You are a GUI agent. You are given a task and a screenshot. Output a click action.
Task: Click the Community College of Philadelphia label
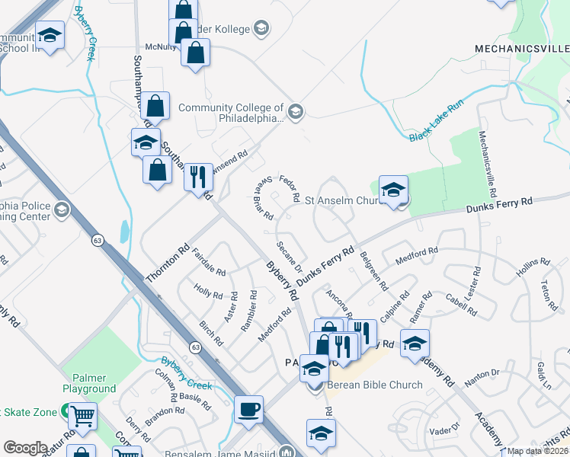(x=230, y=113)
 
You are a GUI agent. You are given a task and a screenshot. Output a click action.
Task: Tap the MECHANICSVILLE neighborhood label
(x=522, y=48)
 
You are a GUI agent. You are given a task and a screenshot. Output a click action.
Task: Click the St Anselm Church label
(x=347, y=201)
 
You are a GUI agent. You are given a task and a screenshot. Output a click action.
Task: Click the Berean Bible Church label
(x=374, y=385)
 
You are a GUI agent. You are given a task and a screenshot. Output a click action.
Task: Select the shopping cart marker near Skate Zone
(x=83, y=416)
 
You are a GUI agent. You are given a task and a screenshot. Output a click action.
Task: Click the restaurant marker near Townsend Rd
(x=198, y=177)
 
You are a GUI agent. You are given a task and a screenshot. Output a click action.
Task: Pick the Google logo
(x=26, y=447)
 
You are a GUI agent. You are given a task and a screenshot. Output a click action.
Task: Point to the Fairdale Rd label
(x=209, y=262)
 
